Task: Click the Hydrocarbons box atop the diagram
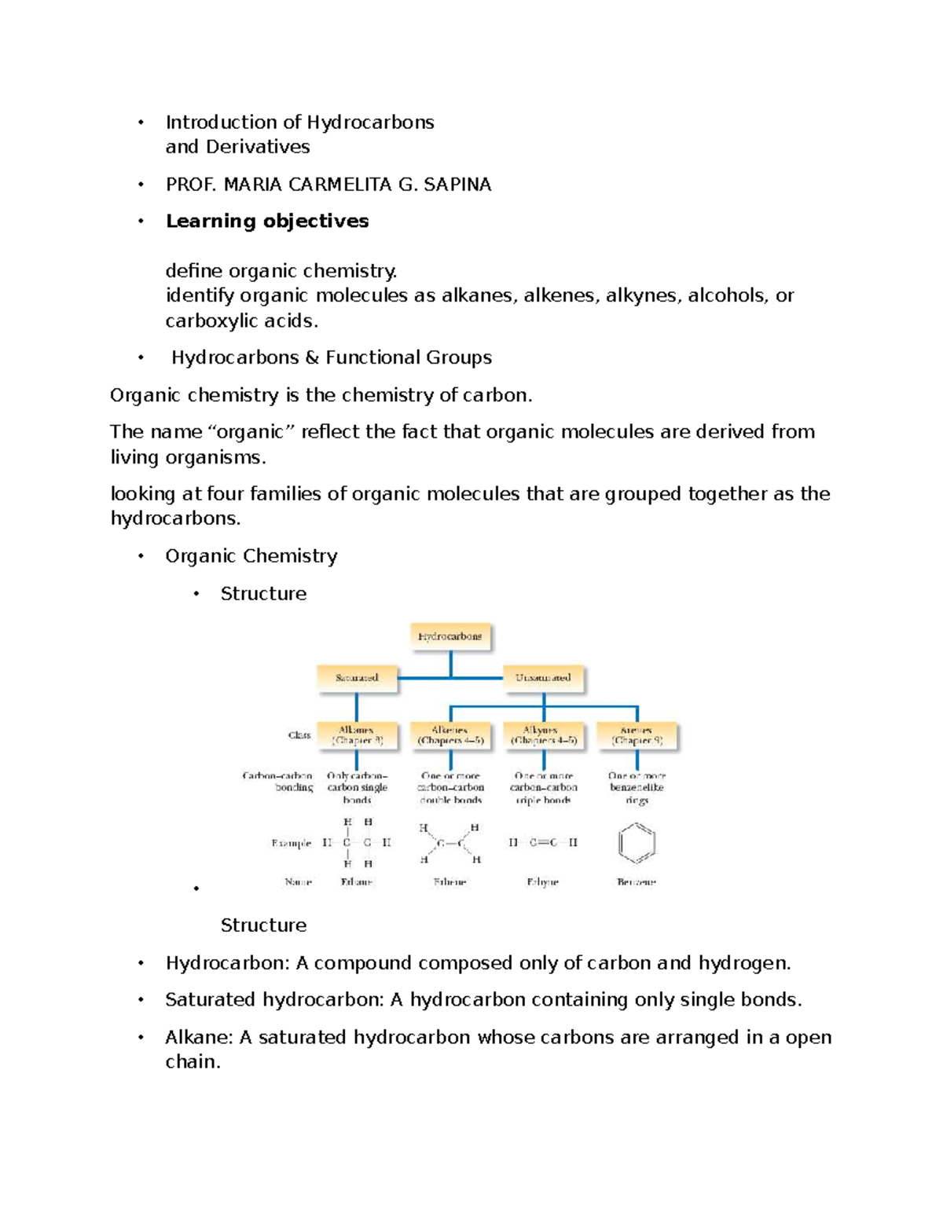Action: coord(450,636)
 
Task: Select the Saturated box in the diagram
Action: coord(357,677)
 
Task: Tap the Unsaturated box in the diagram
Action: coord(543,677)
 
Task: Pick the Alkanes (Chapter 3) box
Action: coord(357,735)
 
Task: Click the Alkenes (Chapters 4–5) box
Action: coord(450,735)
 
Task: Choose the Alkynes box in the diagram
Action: coord(543,735)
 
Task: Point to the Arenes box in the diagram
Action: coord(637,735)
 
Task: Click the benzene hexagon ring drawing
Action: coord(637,843)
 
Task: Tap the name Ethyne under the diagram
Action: coord(543,882)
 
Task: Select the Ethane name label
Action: coord(356,882)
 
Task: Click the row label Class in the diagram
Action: coord(299,735)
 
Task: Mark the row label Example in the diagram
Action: coord(292,843)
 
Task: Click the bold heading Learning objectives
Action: coord(267,222)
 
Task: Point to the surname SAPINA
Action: coord(457,185)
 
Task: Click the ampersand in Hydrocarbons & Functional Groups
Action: coord(312,358)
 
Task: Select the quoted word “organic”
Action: coord(251,432)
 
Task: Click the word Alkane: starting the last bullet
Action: coord(200,1038)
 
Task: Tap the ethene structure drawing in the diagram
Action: coord(450,844)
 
